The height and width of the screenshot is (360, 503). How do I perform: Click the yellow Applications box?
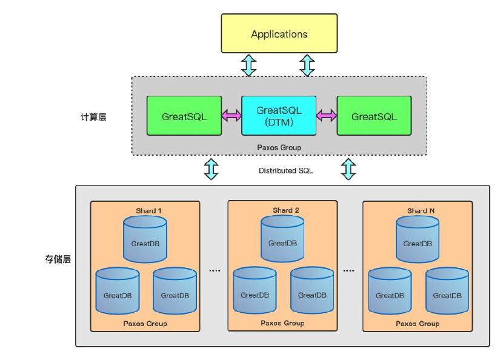click(279, 34)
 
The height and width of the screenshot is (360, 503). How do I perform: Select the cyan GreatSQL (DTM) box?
click(279, 115)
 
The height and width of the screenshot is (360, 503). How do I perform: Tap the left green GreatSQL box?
click(184, 115)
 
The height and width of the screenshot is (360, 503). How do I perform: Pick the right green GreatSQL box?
click(374, 115)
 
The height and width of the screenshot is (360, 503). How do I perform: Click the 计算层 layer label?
click(93, 118)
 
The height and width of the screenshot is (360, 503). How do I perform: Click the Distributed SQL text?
click(285, 171)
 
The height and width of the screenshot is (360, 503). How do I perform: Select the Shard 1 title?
click(148, 211)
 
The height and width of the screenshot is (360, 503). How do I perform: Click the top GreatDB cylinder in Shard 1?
click(145, 241)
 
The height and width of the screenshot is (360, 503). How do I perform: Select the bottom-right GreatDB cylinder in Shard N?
click(447, 293)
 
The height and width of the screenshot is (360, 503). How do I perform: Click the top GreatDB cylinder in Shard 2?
click(282, 241)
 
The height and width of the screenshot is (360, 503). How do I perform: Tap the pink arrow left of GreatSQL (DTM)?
click(230, 115)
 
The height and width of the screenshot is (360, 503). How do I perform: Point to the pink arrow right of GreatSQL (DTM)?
click(326, 115)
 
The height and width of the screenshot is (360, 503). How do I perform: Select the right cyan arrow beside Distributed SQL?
click(349, 169)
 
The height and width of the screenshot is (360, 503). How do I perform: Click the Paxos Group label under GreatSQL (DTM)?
click(279, 147)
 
